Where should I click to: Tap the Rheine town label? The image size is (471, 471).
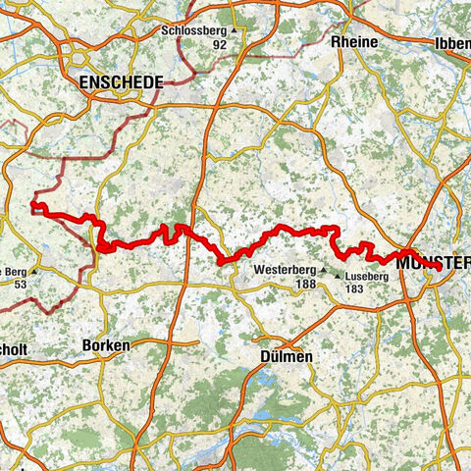pyautogui.click(x=355, y=43)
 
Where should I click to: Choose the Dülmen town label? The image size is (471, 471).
pyautogui.click(x=288, y=357)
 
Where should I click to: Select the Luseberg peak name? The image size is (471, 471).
pyautogui.click(x=366, y=278)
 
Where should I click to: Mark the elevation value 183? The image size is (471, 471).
pyautogui.click(x=366, y=290)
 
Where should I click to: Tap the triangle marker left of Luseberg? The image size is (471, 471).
pyautogui.click(x=337, y=278)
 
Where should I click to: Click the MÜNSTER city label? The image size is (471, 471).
pyautogui.click(x=433, y=261)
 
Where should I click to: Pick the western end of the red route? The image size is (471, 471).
pyautogui.click(x=33, y=205)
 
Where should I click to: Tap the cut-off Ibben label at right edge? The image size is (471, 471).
pyautogui.click(x=451, y=43)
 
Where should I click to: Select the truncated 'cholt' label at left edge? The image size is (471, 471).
pyautogui.click(x=14, y=346)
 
